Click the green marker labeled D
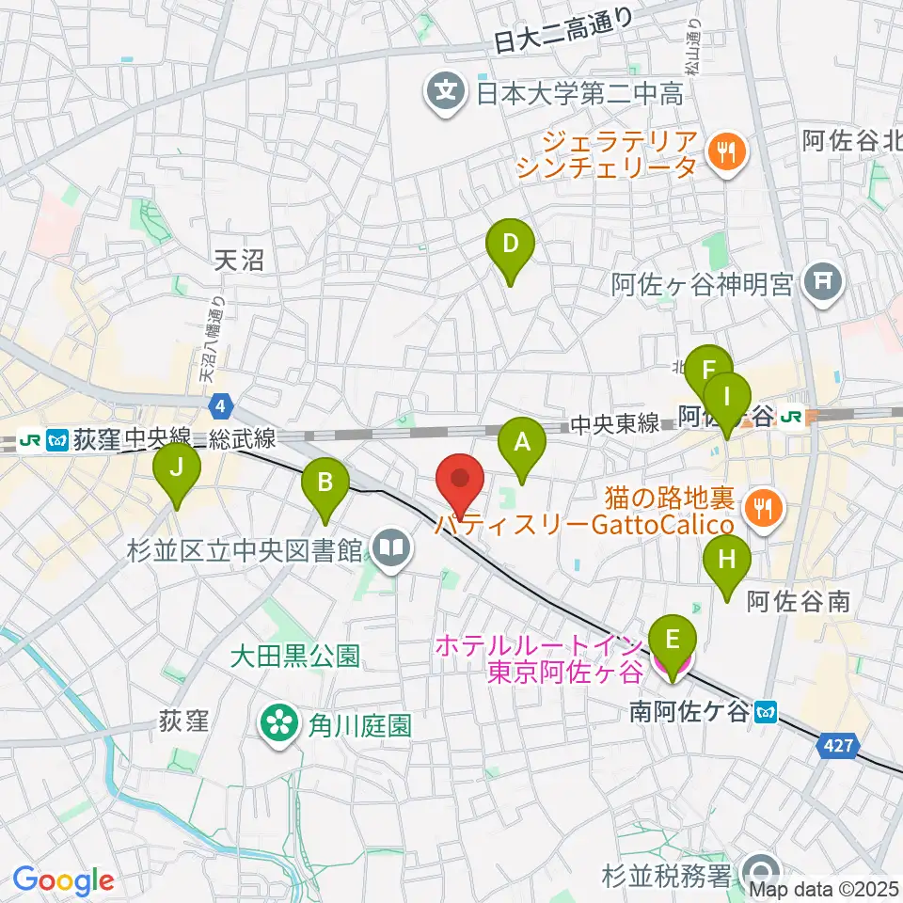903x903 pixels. pyautogui.click(x=510, y=246)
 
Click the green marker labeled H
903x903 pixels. pyautogui.click(x=727, y=562)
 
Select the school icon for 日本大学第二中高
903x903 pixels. pyautogui.click(x=443, y=92)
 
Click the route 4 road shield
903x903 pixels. pyautogui.click(x=219, y=404)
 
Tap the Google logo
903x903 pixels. pyautogui.click(x=63, y=880)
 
